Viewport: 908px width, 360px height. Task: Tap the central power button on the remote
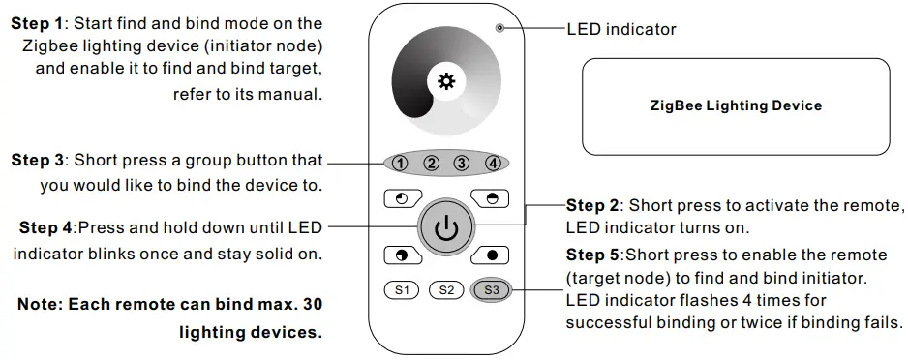(x=445, y=229)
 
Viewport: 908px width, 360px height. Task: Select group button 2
(x=432, y=163)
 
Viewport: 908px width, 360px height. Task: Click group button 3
(x=462, y=163)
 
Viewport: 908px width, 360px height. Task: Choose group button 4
(x=493, y=163)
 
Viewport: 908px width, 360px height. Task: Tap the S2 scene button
(x=445, y=289)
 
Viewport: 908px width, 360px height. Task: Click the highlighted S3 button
(x=491, y=289)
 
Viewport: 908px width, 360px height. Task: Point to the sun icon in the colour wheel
(x=446, y=81)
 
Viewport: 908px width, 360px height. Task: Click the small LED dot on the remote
(x=499, y=28)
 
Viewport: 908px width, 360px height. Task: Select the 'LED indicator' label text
(x=620, y=29)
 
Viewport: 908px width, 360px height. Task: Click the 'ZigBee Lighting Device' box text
(x=736, y=105)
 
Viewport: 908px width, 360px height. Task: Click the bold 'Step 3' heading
(x=37, y=160)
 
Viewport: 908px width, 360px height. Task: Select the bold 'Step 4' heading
(x=45, y=229)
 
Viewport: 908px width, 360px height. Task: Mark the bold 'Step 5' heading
(x=592, y=255)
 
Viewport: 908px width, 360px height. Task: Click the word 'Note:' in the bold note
(x=42, y=304)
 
